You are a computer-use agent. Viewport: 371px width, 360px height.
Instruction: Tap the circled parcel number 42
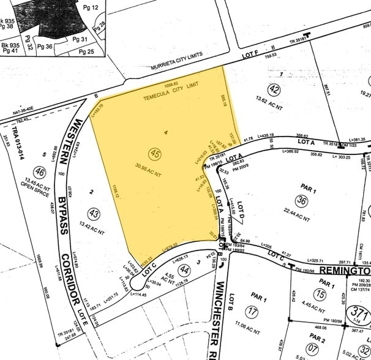point(274,89)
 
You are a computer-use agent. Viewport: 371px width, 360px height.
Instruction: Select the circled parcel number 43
point(94,214)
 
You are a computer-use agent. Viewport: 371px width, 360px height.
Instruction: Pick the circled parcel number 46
point(40,172)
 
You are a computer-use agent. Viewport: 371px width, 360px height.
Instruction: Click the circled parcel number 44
point(182,269)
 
